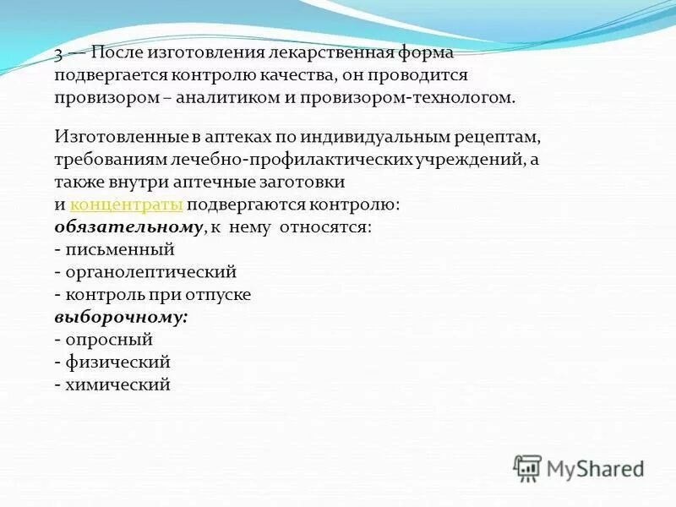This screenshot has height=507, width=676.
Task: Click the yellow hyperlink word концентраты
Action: point(126,204)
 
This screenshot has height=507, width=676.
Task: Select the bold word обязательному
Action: point(128,227)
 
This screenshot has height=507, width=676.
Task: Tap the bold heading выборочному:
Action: point(121,317)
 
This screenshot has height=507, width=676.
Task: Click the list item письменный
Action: point(119,249)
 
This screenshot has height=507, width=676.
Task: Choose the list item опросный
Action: point(108,340)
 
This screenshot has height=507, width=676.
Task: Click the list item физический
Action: point(117,362)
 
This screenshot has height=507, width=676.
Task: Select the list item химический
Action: point(117,384)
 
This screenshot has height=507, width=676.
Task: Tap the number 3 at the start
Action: point(58,53)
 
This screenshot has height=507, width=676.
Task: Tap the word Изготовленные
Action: point(111,137)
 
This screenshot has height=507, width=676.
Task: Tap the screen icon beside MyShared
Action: point(527,467)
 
